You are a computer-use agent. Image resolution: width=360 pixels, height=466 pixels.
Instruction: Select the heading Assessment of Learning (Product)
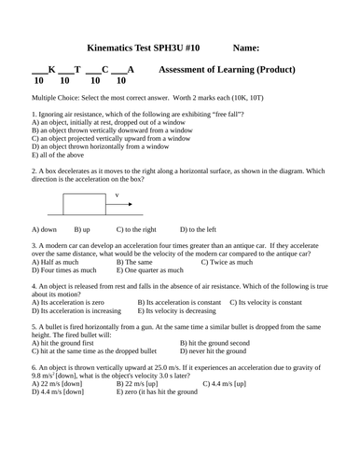coord(228,70)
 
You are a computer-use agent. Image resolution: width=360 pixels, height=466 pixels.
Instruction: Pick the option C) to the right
coord(136,228)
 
